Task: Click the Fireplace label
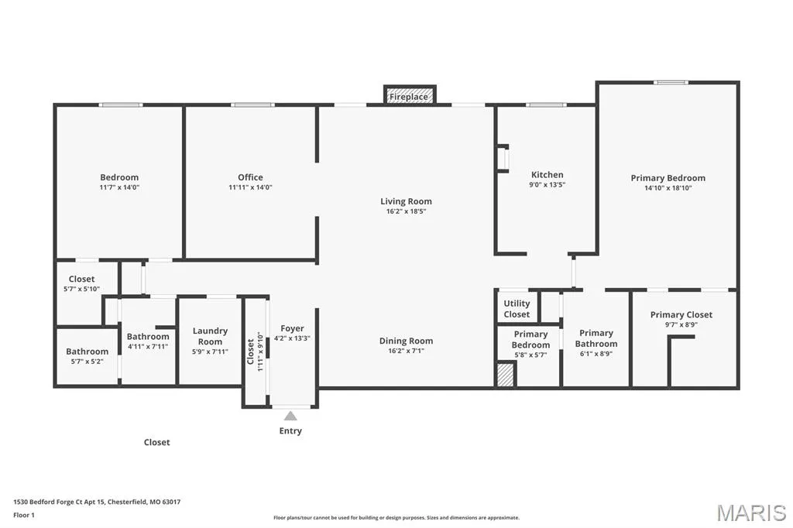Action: pyautogui.click(x=409, y=97)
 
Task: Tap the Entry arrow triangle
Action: pyautogui.click(x=290, y=416)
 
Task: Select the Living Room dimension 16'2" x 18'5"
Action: pyautogui.click(x=406, y=211)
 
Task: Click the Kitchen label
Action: pyautogui.click(x=548, y=174)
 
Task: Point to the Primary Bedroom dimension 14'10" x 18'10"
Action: pyautogui.click(x=668, y=187)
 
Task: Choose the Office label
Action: pyautogui.click(x=250, y=177)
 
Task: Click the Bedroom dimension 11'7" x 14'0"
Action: pyautogui.click(x=119, y=187)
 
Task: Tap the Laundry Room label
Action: pyautogui.click(x=210, y=336)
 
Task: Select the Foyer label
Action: pyautogui.click(x=292, y=328)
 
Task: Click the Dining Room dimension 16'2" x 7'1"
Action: pyautogui.click(x=406, y=351)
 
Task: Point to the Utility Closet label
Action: pyautogui.click(x=517, y=309)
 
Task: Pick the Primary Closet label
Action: pyautogui.click(x=681, y=314)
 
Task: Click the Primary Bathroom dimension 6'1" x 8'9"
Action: pyautogui.click(x=596, y=354)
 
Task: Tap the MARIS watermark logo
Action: pyautogui.click(x=751, y=513)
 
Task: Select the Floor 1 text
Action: pyautogui.click(x=24, y=516)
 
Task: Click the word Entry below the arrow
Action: pyautogui.click(x=290, y=431)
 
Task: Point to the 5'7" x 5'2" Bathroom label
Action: pyautogui.click(x=87, y=356)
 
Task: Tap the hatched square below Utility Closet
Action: pyautogui.click(x=505, y=374)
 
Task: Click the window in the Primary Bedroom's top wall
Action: pyautogui.click(x=671, y=82)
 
